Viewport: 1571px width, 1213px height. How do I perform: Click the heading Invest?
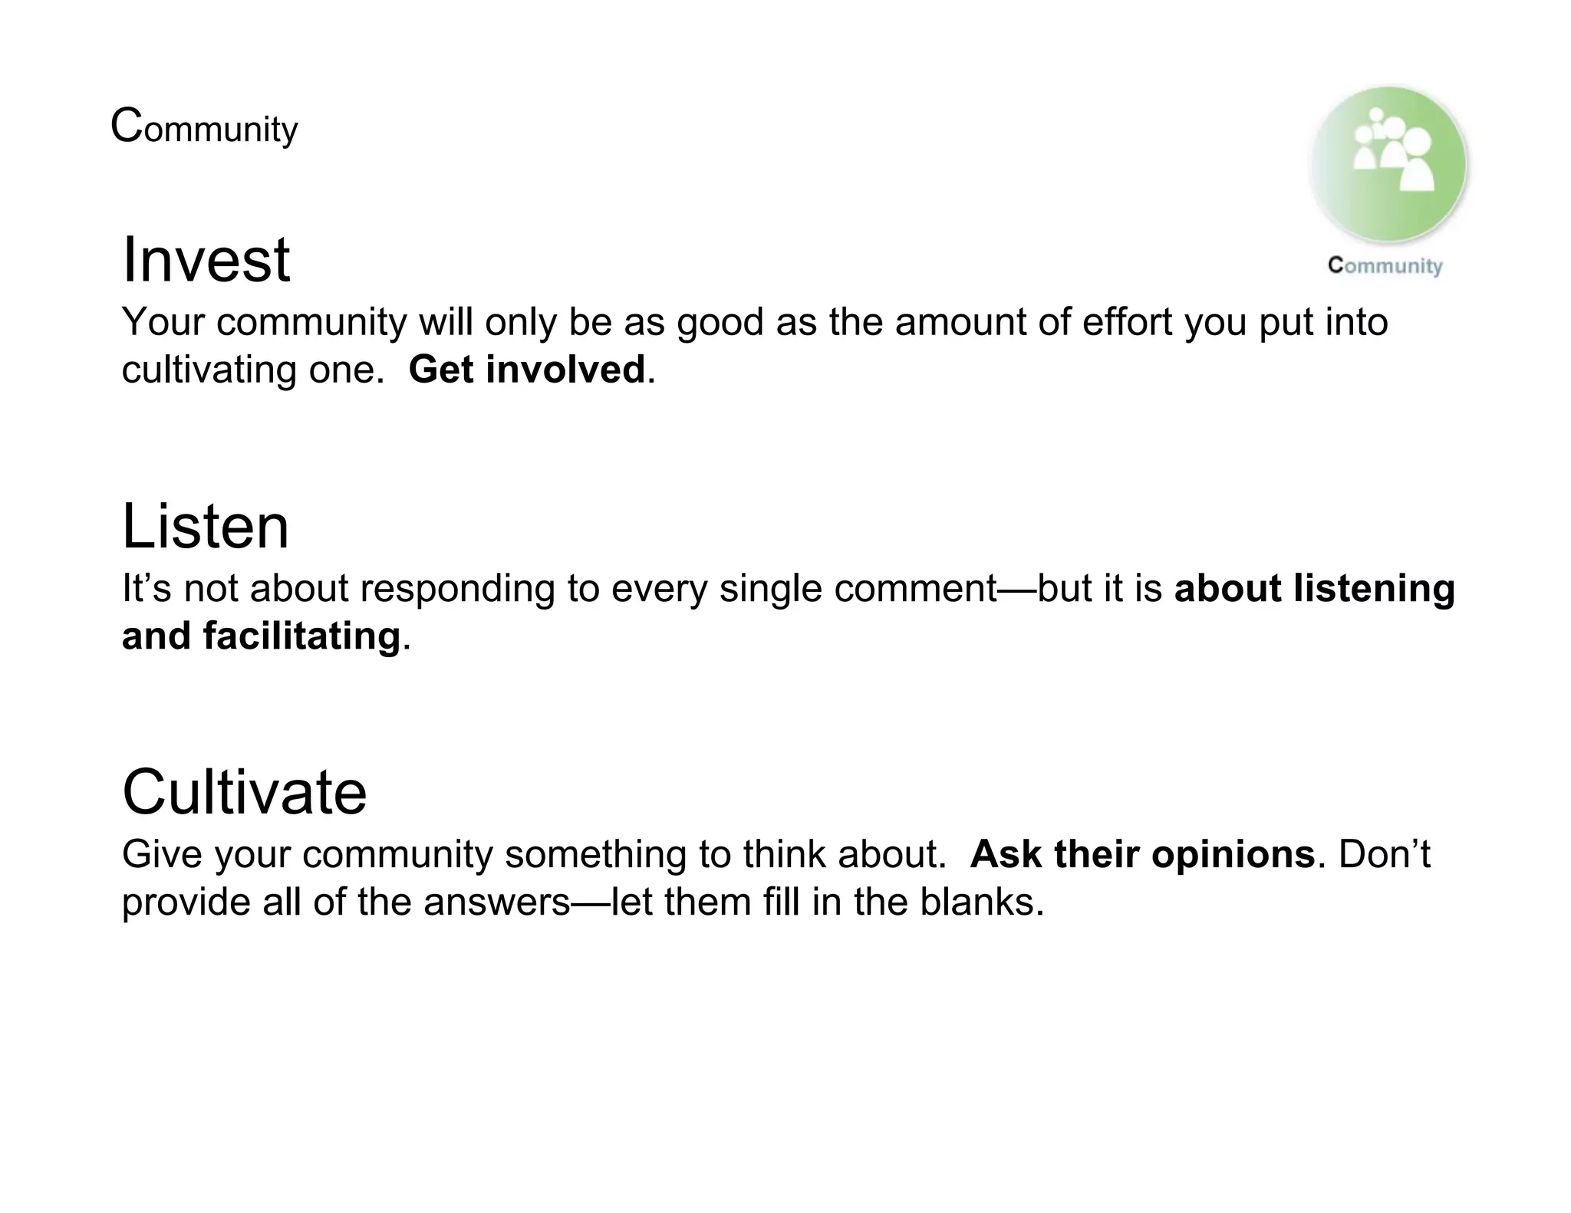pos(206,260)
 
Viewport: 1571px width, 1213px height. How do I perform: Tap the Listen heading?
pos(205,527)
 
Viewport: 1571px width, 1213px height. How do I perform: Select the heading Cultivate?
pos(244,792)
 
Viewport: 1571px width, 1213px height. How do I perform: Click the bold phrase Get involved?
pos(526,370)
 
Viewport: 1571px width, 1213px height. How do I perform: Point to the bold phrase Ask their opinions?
pos(1142,854)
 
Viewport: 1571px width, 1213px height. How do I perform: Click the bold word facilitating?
pos(301,636)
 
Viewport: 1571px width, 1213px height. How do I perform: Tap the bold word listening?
pos(1373,589)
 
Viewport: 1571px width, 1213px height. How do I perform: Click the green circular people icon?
pos(1388,164)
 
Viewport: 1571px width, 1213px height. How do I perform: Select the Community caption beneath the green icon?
pos(1385,266)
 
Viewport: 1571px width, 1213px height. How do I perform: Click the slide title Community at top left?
pos(204,127)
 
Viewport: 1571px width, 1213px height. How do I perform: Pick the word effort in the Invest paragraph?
pos(1127,322)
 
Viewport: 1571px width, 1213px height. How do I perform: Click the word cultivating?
pos(209,370)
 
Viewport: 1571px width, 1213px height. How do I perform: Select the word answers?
pos(497,902)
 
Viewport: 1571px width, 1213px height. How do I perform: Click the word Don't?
pos(1384,854)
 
